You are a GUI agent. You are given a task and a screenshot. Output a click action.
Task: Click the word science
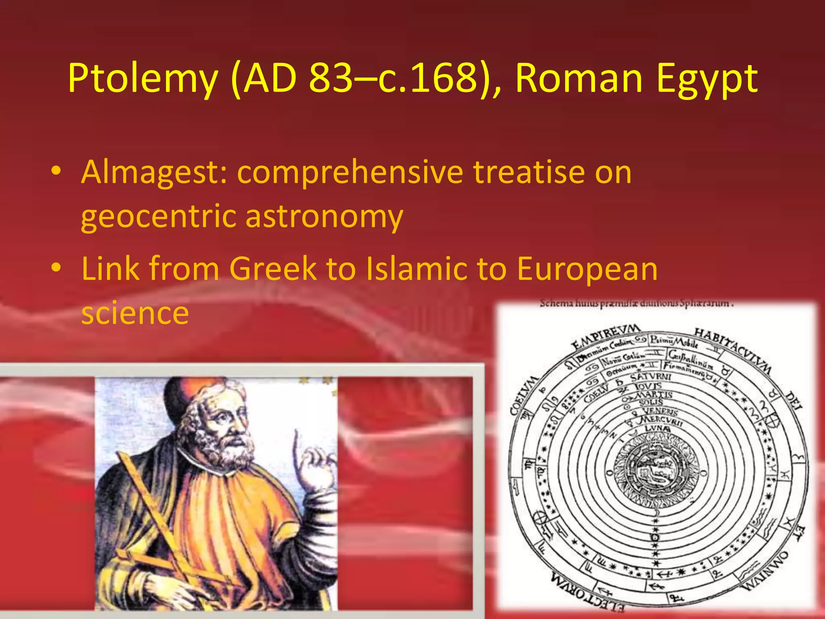click(x=135, y=313)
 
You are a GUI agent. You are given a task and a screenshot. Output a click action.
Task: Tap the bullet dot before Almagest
click(x=56, y=171)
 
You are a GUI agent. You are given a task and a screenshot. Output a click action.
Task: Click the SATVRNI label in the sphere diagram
click(x=651, y=377)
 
